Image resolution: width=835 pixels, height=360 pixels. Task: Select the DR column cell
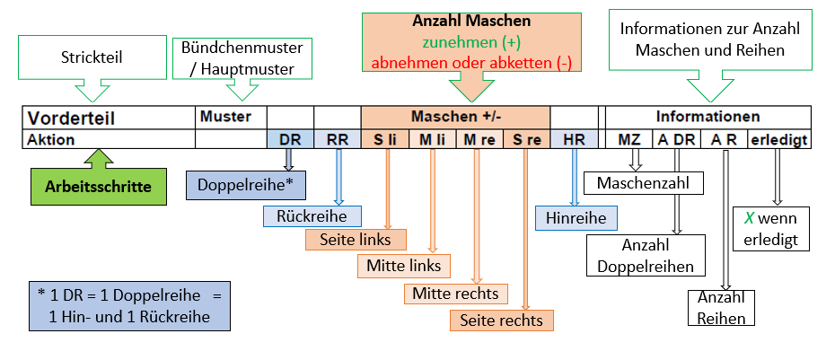click(290, 139)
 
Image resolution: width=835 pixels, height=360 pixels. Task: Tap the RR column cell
click(338, 139)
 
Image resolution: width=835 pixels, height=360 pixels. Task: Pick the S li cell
click(385, 139)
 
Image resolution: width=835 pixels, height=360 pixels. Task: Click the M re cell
click(479, 139)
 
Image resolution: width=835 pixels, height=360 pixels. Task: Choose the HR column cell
click(574, 139)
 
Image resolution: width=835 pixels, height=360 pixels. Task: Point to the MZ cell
click(629, 139)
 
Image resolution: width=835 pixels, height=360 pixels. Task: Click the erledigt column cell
click(779, 139)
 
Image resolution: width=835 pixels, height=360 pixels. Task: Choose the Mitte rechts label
click(455, 293)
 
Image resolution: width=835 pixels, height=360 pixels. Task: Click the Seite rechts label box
click(502, 320)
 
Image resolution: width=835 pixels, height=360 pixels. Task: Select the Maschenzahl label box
click(643, 183)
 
